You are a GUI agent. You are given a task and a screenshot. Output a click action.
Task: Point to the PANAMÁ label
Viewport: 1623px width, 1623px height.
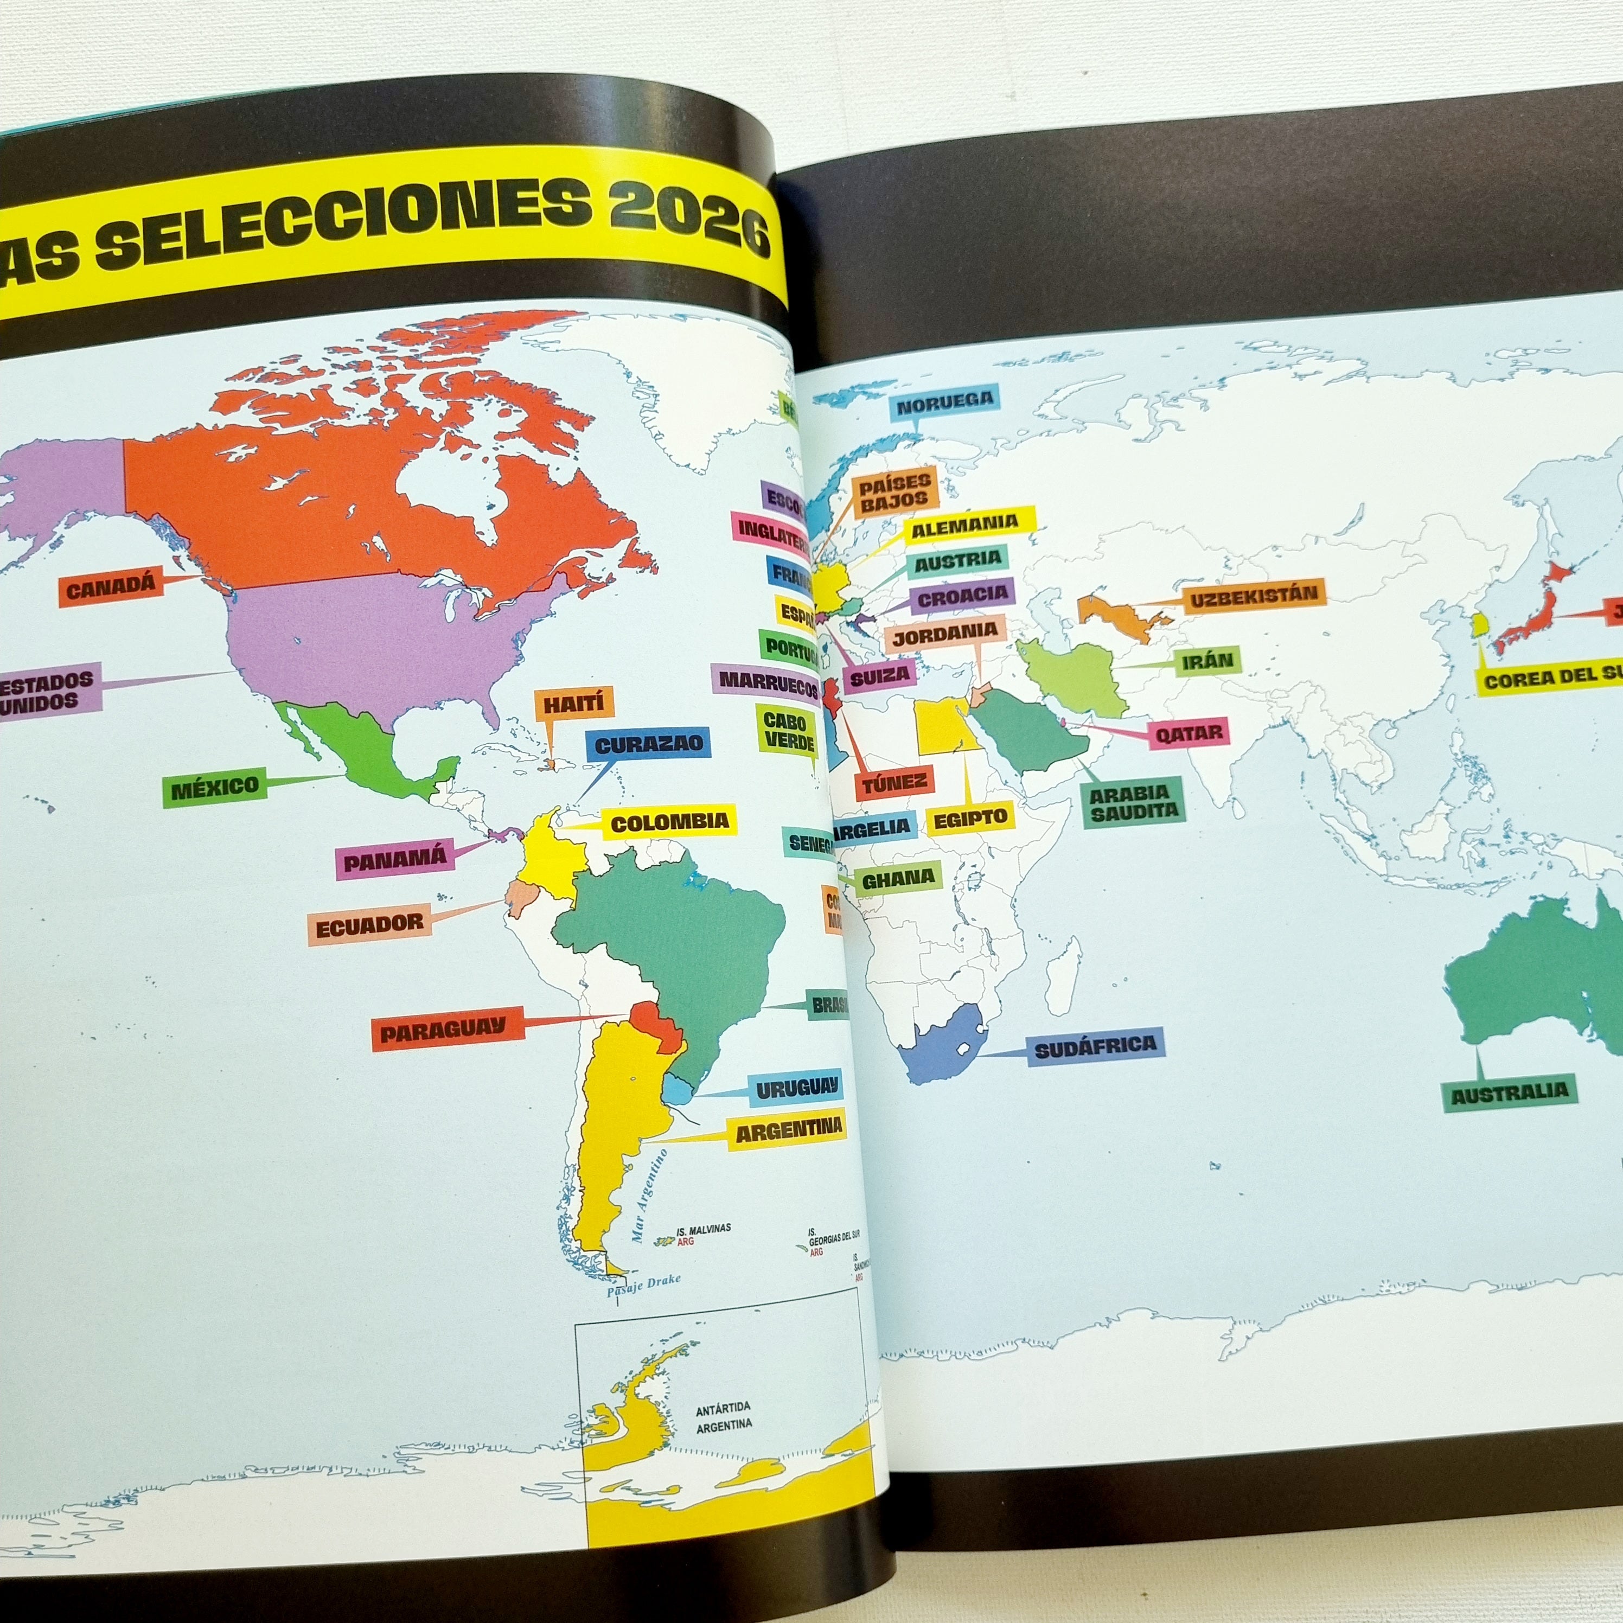tap(395, 861)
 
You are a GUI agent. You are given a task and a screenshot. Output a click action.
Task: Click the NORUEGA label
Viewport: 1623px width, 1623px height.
tap(944, 406)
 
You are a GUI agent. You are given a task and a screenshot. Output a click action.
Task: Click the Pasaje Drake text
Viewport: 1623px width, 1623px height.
tap(643, 1281)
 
